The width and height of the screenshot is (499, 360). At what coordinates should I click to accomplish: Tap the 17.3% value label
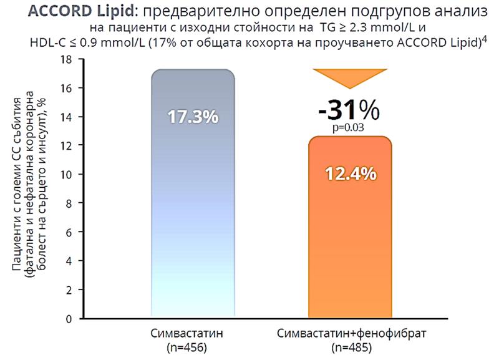click(192, 117)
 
